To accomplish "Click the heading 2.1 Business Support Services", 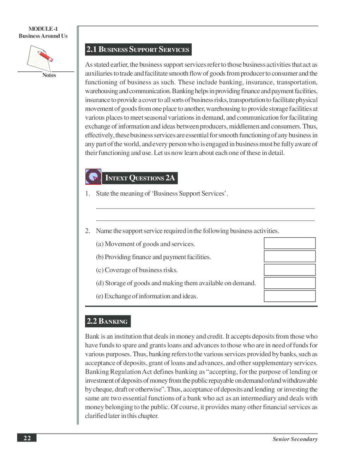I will click(138, 49).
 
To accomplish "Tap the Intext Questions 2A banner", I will click(140, 178).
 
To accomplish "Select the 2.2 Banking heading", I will click(108, 321).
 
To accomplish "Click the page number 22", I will click(27, 438).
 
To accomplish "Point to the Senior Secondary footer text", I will click(295, 439).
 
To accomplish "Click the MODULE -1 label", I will click(43, 29).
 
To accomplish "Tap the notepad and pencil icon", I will click(40, 58).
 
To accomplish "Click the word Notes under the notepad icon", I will click(49, 75).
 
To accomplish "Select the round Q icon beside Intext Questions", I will click(93, 177).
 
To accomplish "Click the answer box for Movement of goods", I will click(289, 243).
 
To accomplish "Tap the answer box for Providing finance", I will click(289, 256).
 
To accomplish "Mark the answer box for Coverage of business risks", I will click(289, 270).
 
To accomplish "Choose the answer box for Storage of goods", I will click(289, 283).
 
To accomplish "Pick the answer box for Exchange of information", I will click(289, 296).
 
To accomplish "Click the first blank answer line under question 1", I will click(205, 208).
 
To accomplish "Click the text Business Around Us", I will click(43, 36).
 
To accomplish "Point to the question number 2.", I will click(88, 231).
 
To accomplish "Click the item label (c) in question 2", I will click(100, 270).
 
